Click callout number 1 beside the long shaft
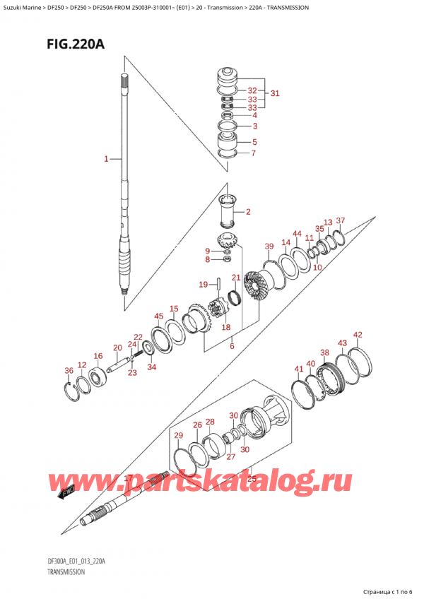click(x=107, y=159)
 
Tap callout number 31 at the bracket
click(x=275, y=93)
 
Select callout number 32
click(x=252, y=91)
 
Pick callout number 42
click(x=358, y=335)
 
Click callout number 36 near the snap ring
click(x=69, y=371)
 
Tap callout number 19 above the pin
click(x=204, y=285)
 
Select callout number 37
click(x=341, y=221)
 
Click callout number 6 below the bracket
click(x=231, y=347)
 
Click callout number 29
click(x=178, y=435)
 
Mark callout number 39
click(x=269, y=246)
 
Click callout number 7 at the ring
click(x=254, y=153)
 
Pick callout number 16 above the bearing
click(x=98, y=357)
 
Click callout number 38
click(x=324, y=352)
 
